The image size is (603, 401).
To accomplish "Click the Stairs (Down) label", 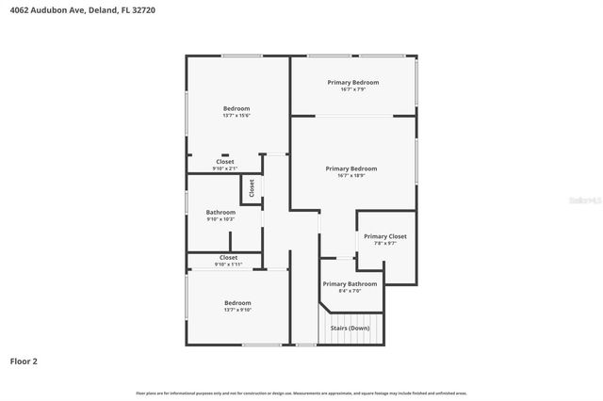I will coord(350,329).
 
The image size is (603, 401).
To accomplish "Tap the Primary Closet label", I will coord(385,236).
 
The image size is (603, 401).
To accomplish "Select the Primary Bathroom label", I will coord(350,283).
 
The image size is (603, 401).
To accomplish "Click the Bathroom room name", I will coord(220,212).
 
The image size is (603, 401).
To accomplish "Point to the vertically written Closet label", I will coord(252,187).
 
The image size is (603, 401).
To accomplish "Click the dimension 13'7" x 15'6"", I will coord(236,116).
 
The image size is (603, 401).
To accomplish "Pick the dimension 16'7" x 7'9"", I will coord(353,90).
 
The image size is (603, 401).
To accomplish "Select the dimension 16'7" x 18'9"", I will coord(350,176).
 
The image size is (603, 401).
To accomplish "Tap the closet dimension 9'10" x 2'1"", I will coord(225,168).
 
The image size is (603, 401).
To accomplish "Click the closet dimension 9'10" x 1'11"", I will coord(229,265).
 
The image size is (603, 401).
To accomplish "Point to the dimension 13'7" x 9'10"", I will coord(237,310).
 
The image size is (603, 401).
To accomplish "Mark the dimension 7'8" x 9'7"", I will coord(385,244).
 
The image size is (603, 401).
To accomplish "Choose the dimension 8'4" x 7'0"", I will coord(350,291).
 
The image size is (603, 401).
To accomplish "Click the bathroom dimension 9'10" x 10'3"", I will coord(220,219).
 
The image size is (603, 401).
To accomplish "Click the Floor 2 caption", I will coord(24,361).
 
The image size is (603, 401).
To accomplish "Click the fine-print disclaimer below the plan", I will coord(301,393).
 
